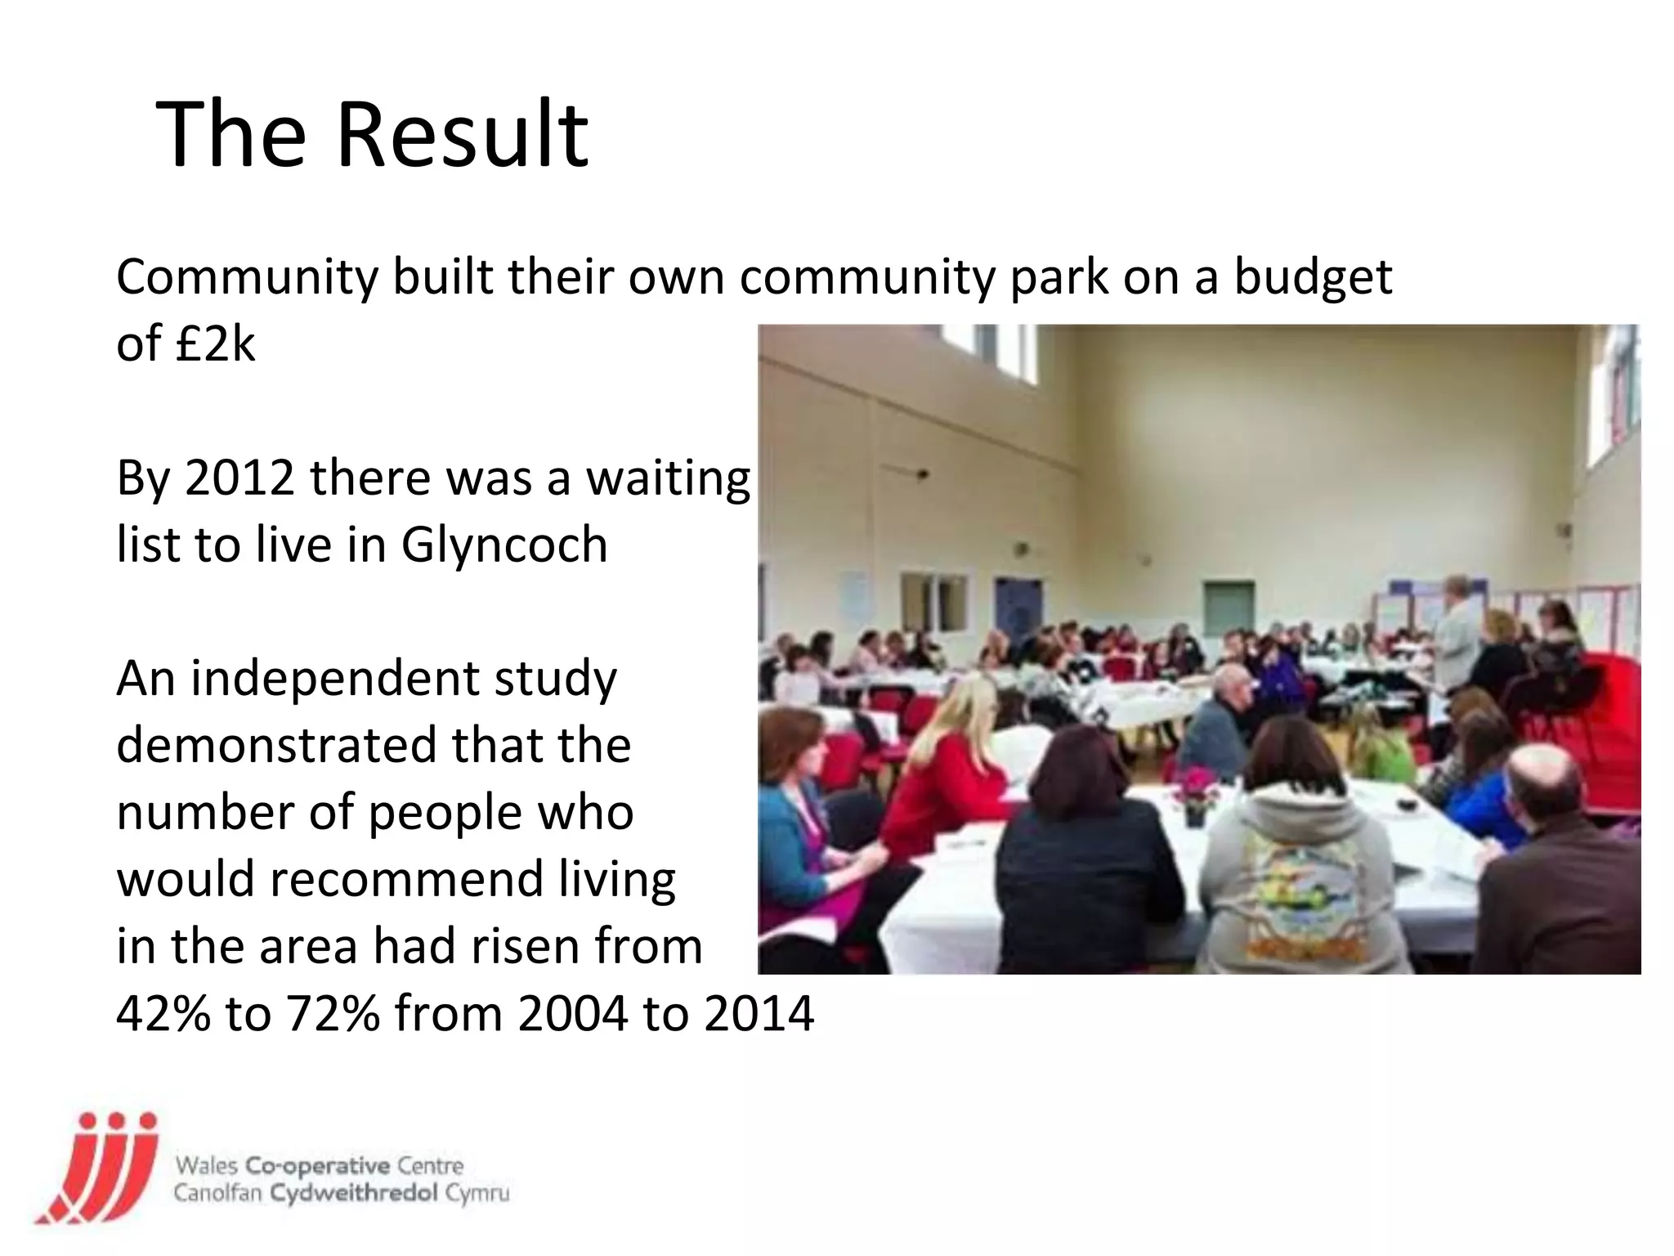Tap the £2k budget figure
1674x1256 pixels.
coord(215,343)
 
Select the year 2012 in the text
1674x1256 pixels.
coord(239,478)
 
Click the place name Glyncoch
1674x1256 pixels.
coord(504,545)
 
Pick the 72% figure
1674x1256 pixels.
coord(333,1014)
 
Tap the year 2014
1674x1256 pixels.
coord(759,1014)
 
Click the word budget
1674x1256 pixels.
coord(1313,278)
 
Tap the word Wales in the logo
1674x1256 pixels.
coord(205,1165)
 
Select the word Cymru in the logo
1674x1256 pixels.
coord(477,1193)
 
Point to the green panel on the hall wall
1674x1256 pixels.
coord(1229,606)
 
